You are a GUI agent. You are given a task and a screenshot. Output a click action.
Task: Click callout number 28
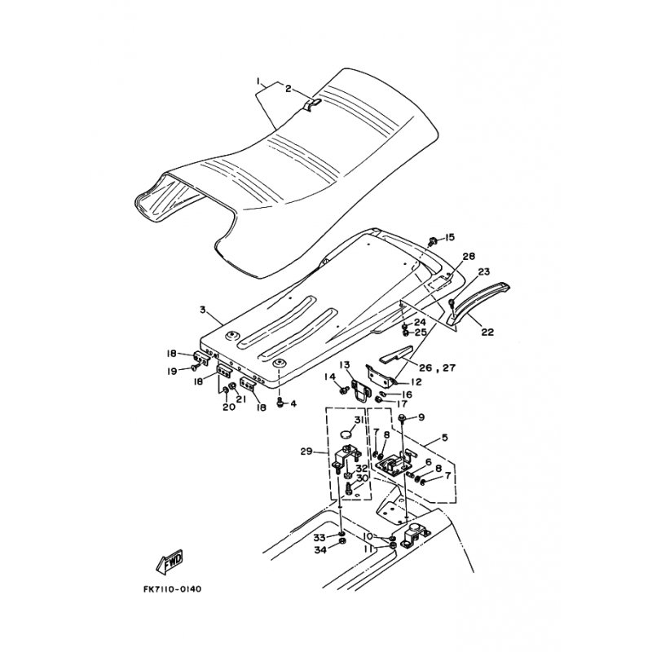468,256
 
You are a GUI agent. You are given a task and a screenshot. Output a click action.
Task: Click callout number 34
319,552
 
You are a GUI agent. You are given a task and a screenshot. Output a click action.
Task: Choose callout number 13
345,364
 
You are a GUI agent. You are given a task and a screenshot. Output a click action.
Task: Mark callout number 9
421,417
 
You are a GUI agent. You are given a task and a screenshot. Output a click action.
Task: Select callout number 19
173,371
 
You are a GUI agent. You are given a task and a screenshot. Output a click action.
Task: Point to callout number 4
293,404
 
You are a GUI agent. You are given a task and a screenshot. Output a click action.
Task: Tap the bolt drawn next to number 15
433,241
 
